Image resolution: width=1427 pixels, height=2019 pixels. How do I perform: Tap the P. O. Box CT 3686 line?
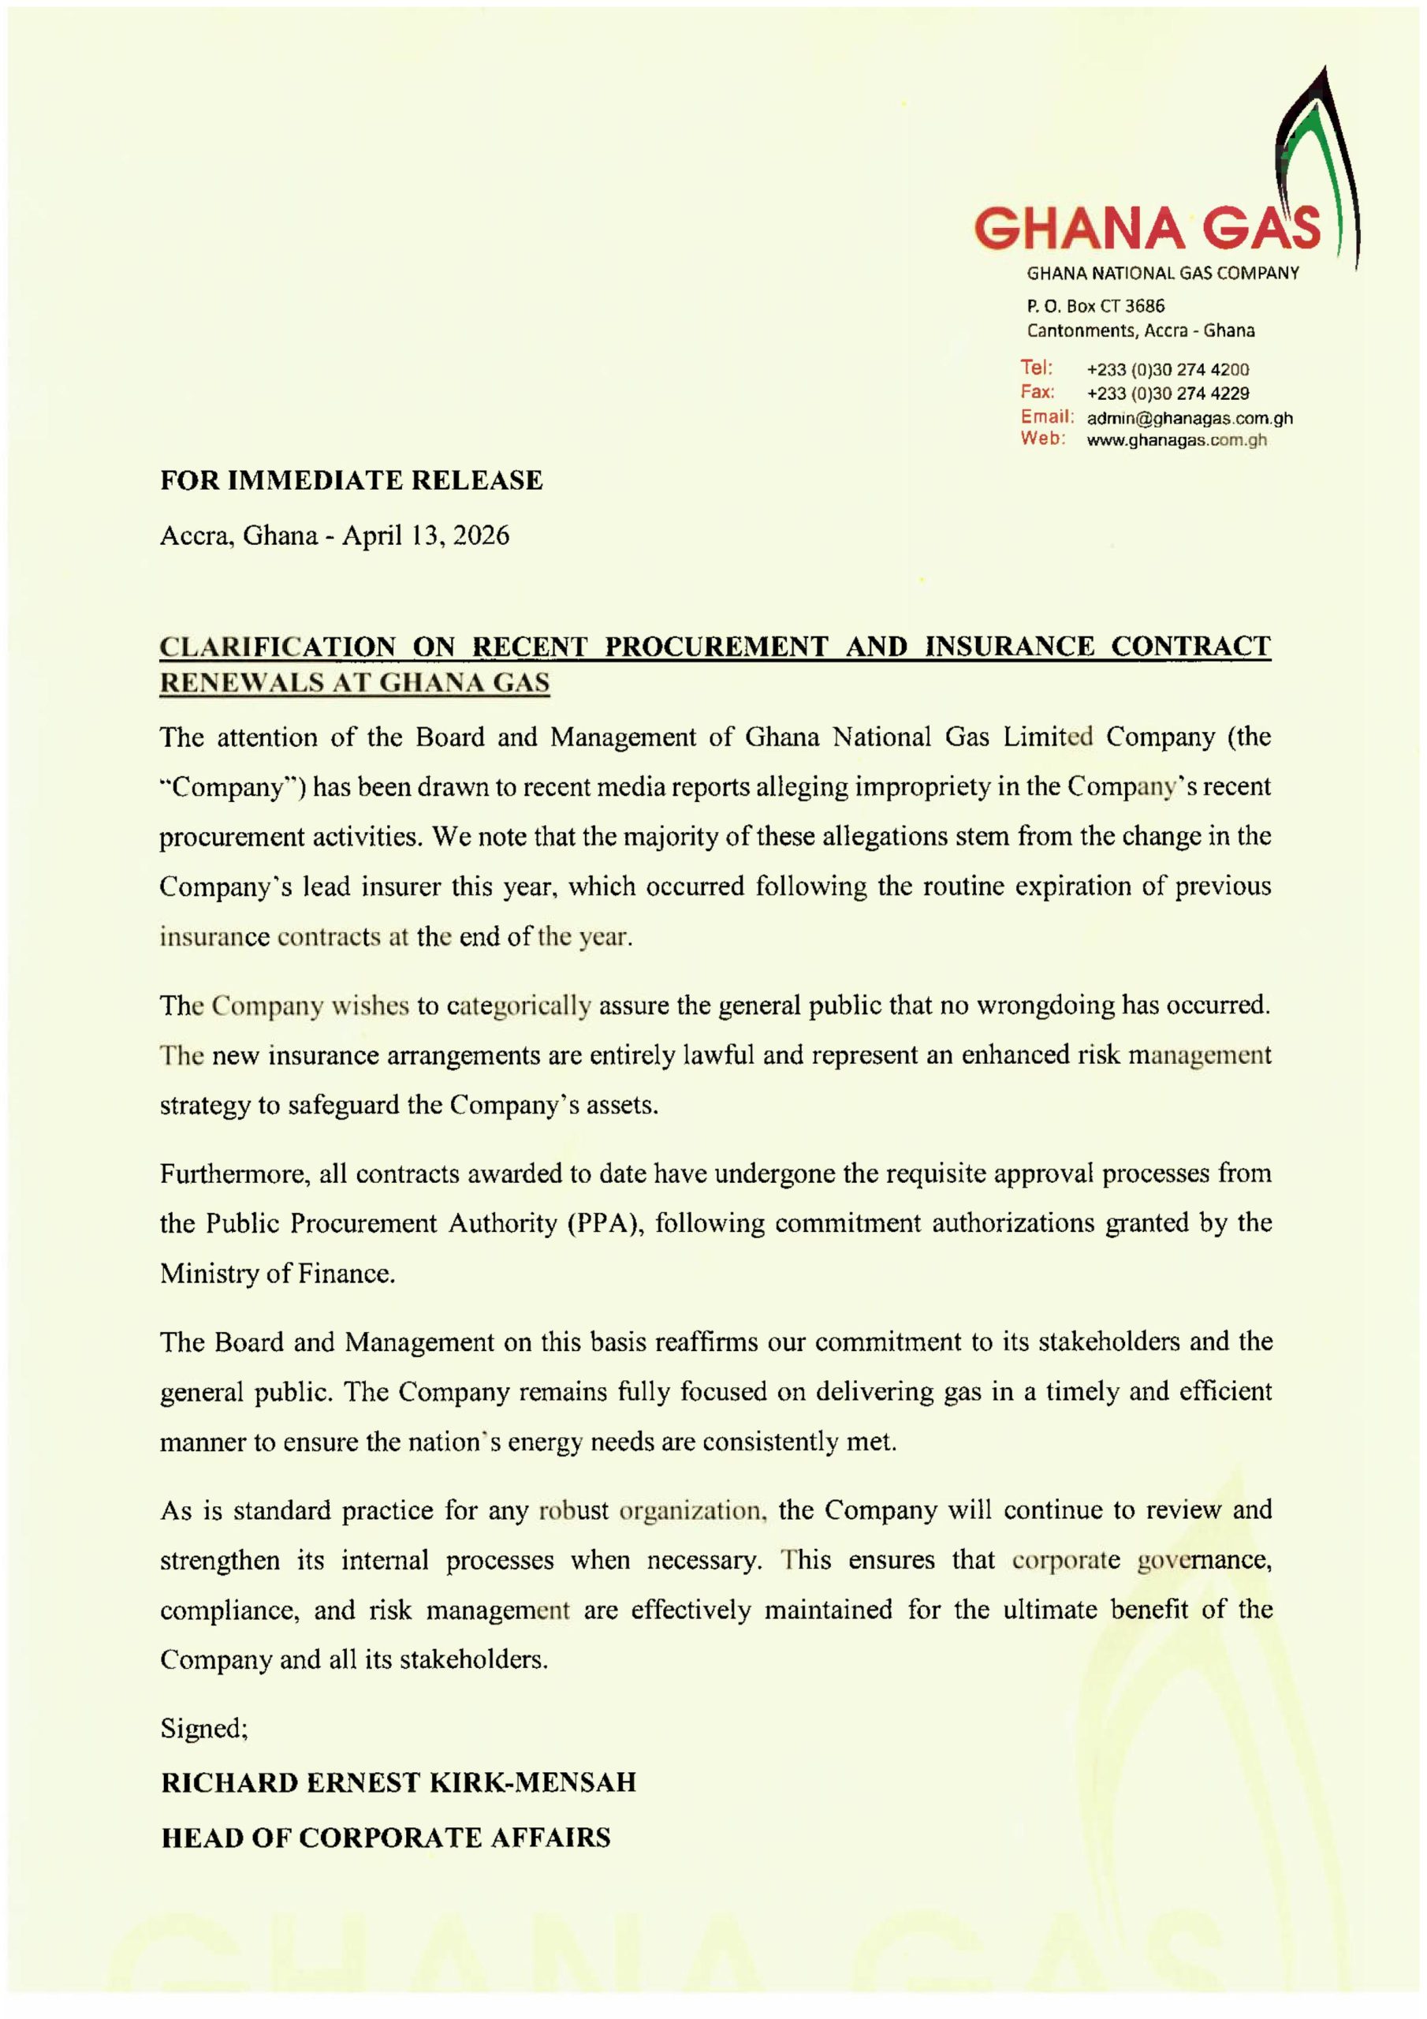click(1096, 306)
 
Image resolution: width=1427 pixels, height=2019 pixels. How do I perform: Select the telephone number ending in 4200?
click(1168, 370)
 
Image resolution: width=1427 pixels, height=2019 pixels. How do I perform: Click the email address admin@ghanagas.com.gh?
click(1190, 419)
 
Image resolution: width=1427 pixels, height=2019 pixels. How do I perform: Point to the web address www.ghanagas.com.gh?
click(1176, 441)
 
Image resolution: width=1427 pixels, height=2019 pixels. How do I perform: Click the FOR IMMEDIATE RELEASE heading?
click(351, 480)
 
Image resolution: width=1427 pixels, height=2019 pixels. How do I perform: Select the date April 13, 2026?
click(426, 536)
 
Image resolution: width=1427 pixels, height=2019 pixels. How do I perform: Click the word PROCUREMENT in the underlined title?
click(717, 647)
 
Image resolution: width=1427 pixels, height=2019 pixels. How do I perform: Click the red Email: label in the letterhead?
click(1047, 417)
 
